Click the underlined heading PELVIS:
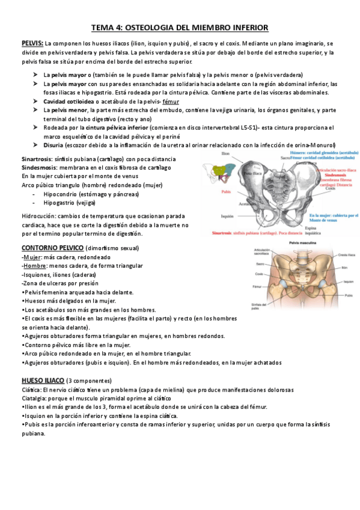point(32,43)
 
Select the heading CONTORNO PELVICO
point(52,247)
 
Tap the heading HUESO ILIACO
point(42,381)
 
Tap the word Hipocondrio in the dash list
point(64,194)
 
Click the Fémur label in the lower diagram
point(259,287)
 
